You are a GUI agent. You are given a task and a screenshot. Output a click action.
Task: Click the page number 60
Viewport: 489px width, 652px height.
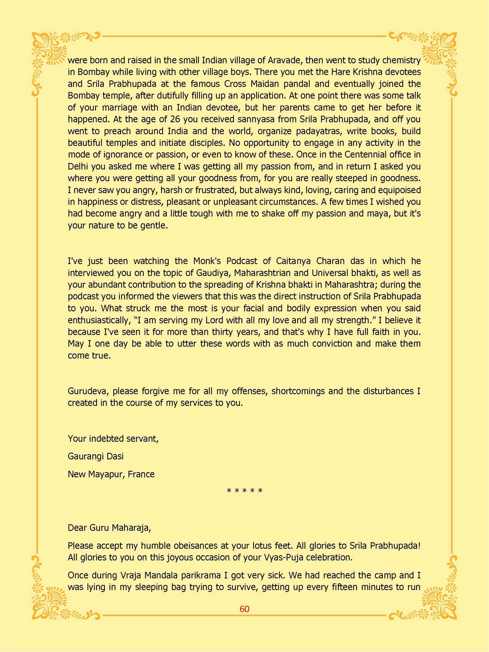244,609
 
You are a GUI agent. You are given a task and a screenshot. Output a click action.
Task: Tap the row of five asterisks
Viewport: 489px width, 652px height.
244,491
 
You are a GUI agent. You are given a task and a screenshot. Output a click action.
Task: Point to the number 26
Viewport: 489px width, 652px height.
175,119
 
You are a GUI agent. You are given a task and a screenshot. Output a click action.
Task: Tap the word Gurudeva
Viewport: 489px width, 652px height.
88,391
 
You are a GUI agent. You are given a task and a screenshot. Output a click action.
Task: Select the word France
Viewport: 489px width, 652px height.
141,475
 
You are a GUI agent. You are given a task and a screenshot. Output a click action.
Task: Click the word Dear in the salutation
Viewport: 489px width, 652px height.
77,528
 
